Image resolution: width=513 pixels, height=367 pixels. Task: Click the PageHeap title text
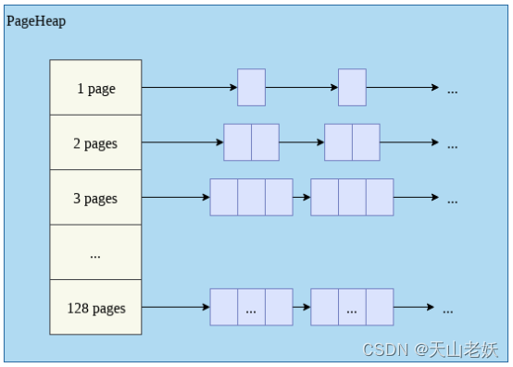point(36,20)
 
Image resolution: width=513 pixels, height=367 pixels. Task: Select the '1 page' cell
point(95,88)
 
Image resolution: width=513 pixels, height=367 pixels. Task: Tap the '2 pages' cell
point(95,143)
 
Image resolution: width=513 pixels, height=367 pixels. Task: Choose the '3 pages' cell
point(95,198)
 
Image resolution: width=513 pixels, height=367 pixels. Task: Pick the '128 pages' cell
point(95,307)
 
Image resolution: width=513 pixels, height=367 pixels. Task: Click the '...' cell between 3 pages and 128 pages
point(95,252)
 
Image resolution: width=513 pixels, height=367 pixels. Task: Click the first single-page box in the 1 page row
point(251,88)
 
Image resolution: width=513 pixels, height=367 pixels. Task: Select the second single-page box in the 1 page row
point(352,88)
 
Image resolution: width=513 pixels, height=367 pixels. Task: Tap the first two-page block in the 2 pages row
point(251,142)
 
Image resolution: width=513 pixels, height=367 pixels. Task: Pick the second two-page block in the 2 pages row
point(352,142)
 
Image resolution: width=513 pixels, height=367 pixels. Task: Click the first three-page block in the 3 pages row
point(251,197)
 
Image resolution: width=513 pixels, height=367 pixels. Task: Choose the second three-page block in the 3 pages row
point(352,197)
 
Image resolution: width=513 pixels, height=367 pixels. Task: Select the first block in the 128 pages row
point(251,307)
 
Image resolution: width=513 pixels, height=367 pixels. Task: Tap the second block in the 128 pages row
point(352,307)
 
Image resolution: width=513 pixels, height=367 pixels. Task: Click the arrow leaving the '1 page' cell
point(189,88)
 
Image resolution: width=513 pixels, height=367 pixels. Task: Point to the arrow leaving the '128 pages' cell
point(175,307)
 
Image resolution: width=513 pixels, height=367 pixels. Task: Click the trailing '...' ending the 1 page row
point(452,90)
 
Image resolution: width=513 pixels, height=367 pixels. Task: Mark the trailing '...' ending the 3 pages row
point(452,199)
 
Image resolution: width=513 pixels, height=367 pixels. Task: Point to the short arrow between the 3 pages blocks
point(302,197)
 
